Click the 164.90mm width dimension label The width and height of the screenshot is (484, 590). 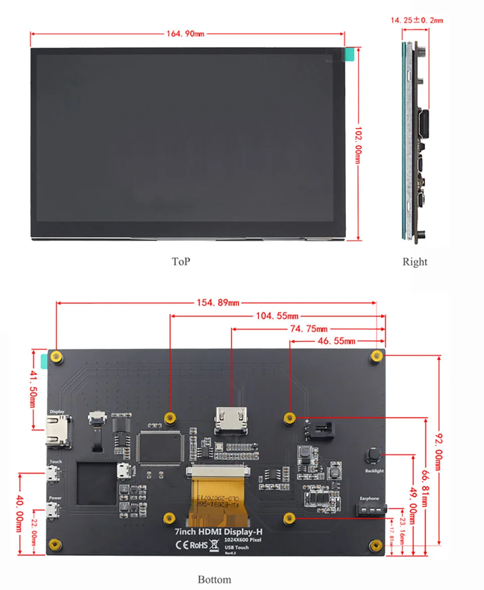[x=185, y=34]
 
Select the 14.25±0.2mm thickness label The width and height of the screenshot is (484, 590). [x=416, y=21]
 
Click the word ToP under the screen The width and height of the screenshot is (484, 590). [x=180, y=261]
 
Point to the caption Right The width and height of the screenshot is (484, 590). [x=414, y=261]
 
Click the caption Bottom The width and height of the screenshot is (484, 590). [x=214, y=579]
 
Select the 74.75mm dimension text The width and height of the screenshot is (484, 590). [x=307, y=329]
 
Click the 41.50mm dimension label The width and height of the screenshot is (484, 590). [x=33, y=389]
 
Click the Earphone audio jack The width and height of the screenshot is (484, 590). [x=371, y=510]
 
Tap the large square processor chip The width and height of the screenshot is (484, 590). [x=159, y=447]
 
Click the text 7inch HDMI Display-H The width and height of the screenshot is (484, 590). [x=218, y=532]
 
